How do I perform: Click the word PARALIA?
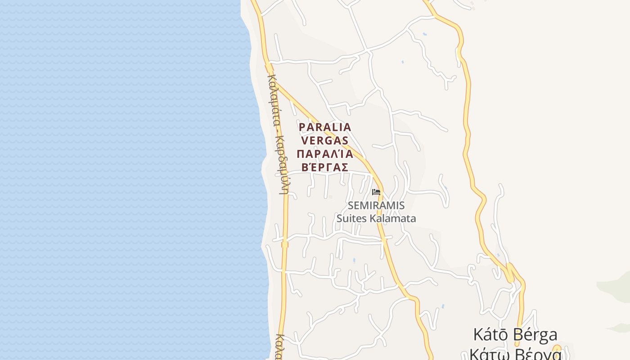click(325, 127)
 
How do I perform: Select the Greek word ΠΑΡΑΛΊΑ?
click(325, 154)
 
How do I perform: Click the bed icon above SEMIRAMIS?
click(376, 192)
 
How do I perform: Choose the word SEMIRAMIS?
click(376, 206)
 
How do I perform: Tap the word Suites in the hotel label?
click(352, 219)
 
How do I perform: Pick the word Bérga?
click(537, 335)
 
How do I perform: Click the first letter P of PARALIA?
click(302, 127)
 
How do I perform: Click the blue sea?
click(126, 180)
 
